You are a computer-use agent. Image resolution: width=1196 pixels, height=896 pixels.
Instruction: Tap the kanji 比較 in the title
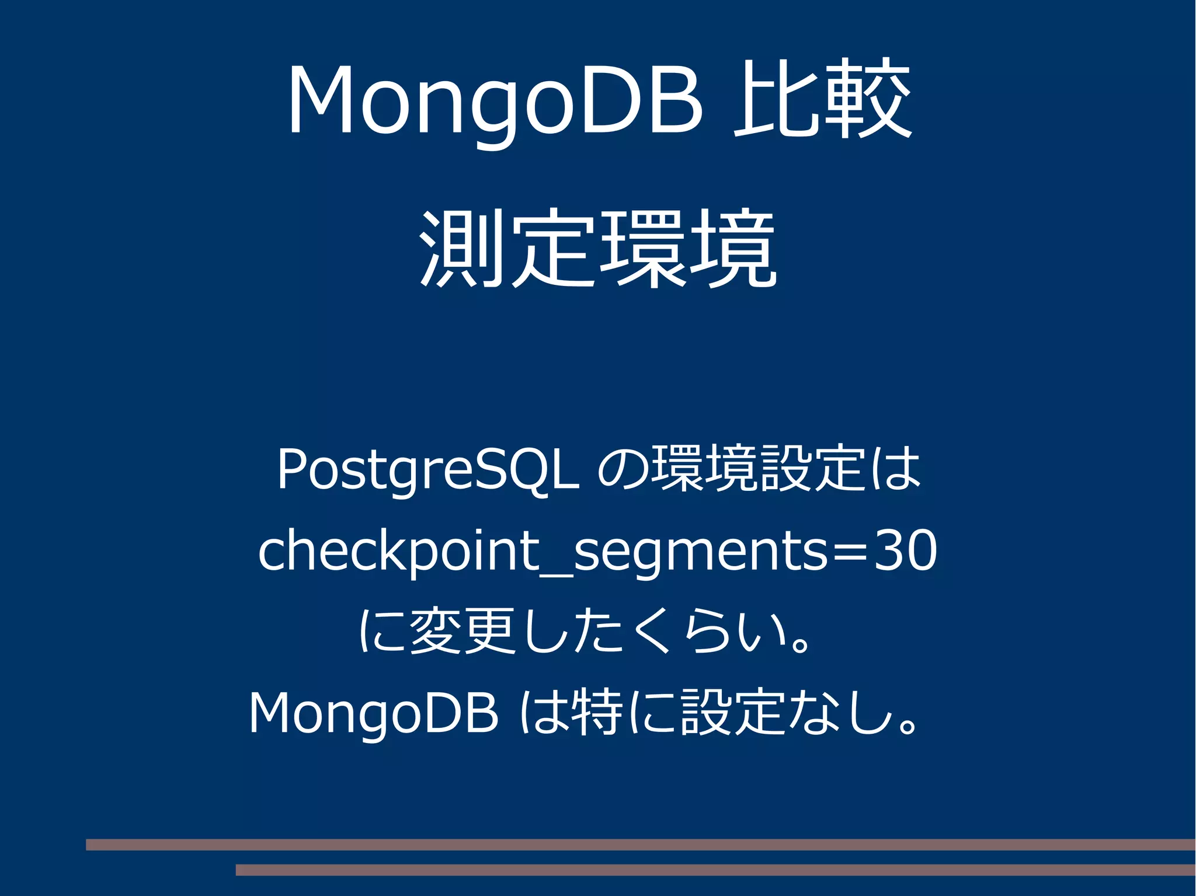[822, 98]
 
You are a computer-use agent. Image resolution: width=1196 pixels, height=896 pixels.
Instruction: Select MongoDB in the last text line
[374, 713]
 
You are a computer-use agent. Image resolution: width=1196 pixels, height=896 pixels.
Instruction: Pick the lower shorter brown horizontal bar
[715, 870]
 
